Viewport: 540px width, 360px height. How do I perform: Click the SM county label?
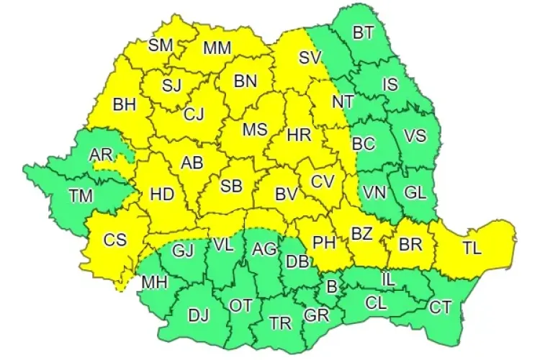coord(161,45)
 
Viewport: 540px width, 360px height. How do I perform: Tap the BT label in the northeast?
coord(364,32)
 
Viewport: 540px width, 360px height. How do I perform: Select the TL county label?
coord(472,249)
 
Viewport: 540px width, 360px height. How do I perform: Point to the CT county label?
coord(440,307)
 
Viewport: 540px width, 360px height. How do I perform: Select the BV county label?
coord(287,194)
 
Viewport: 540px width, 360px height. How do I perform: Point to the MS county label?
coord(254,130)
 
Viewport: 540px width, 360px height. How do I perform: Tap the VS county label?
coord(414,135)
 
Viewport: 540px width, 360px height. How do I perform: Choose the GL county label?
coord(414,192)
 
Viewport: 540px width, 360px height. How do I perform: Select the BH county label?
coord(125,105)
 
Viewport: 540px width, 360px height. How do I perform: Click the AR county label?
coord(100,154)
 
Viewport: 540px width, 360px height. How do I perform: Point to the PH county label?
coord(325,242)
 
